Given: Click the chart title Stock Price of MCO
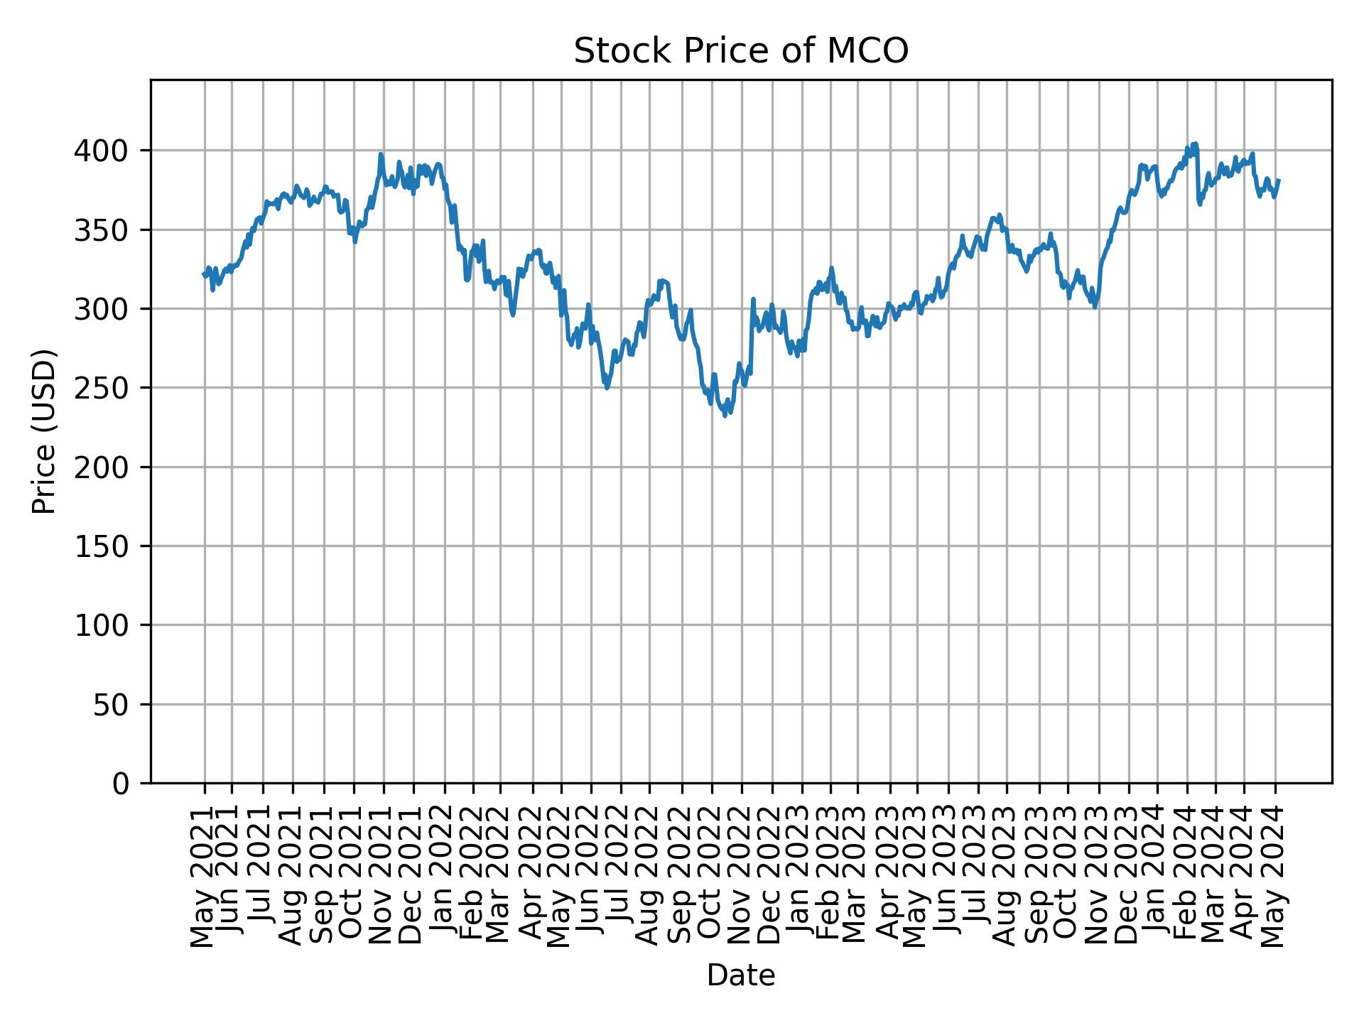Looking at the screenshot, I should [x=741, y=52].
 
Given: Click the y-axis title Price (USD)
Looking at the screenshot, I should [x=44, y=431].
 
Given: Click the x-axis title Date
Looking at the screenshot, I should [x=741, y=975].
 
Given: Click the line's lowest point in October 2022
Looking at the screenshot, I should [x=725, y=416].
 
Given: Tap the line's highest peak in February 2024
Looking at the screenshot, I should [x=1196, y=144].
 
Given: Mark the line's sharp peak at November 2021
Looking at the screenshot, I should [x=381, y=153].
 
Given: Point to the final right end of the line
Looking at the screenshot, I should [x=1279, y=180].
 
